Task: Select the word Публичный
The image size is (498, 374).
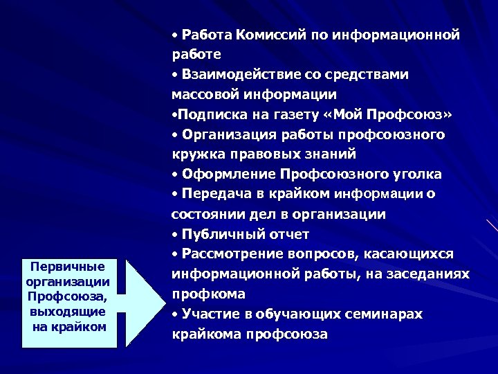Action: point(218,234)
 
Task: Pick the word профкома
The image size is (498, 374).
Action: point(208,294)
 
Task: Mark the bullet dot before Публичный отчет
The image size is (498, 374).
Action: point(176,234)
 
